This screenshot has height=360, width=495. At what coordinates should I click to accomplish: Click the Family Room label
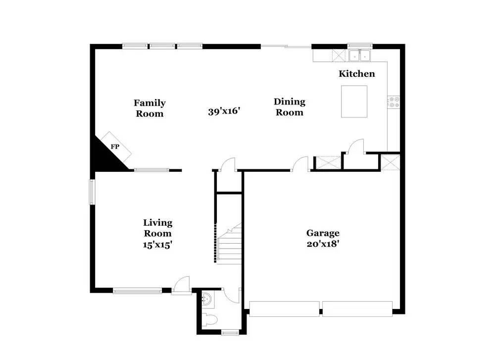click(149, 108)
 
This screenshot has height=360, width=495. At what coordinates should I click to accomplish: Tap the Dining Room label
click(290, 107)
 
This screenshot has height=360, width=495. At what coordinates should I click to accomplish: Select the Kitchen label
click(356, 74)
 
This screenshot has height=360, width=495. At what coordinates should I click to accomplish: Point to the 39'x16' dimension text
click(224, 111)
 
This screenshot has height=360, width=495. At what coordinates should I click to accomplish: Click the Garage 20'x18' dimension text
click(322, 244)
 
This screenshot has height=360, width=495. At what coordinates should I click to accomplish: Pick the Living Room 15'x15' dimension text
click(158, 244)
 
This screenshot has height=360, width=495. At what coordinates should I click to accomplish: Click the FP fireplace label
click(115, 147)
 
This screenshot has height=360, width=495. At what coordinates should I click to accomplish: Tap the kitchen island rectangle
click(354, 102)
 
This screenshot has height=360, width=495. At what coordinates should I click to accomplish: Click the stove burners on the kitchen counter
click(394, 102)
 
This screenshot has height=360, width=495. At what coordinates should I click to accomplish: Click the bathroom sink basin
click(207, 299)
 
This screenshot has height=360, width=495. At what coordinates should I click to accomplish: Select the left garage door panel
click(284, 308)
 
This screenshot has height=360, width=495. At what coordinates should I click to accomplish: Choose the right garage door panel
click(357, 308)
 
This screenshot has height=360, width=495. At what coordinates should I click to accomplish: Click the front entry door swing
click(181, 285)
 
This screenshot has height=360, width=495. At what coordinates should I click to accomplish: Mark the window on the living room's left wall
click(92, 192)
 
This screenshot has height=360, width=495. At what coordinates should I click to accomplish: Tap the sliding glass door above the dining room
click(286, 47)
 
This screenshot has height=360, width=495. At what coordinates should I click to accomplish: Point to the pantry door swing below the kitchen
click(356, 147)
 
